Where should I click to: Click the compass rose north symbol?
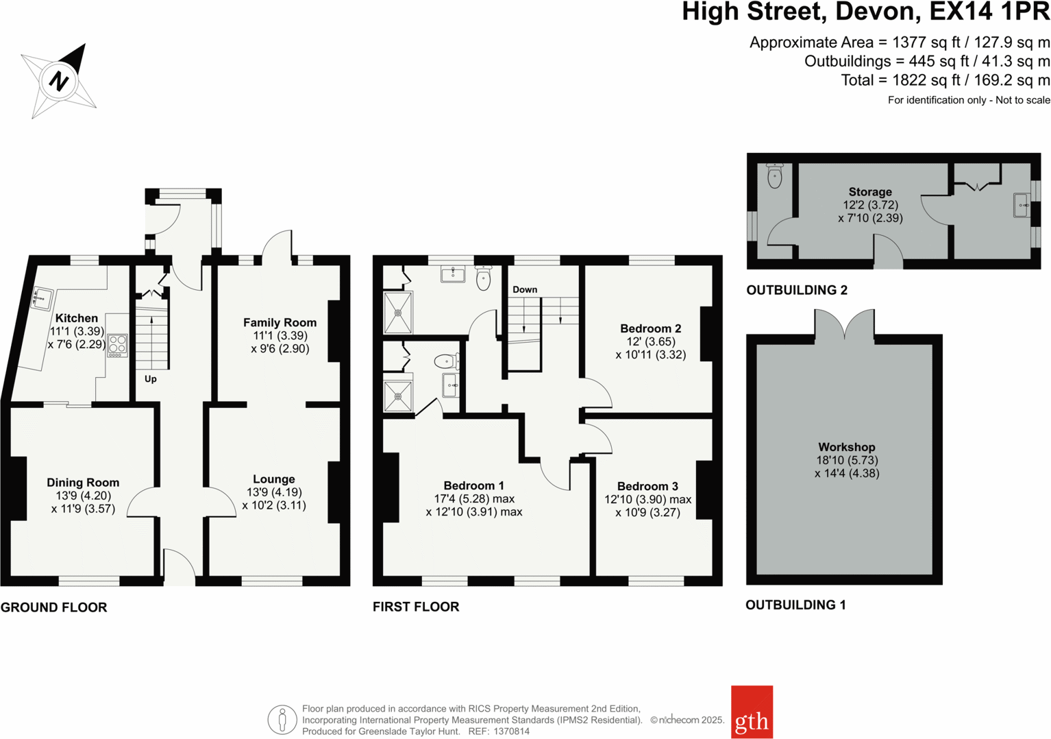tap(59, 81)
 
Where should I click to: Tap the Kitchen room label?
tap(76, 318)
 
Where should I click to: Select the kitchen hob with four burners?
tap(117, 345)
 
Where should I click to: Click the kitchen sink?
tap(42, 299)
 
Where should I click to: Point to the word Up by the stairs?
tap(151, 379)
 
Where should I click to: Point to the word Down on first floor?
tap(525, 289)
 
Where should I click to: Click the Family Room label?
tap(280, 322)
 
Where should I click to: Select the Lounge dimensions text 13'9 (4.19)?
tap(274, 492)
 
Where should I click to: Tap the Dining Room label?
tap(83, 483)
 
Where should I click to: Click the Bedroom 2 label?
tap(650, 328)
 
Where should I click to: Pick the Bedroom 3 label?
tap(647, 486)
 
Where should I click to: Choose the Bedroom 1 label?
tap(473, 486)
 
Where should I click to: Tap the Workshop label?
tap(846, 447)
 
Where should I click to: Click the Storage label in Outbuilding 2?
tap(870, 192)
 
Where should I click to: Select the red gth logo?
tap(752, 712)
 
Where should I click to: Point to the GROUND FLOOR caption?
tap(54, 607)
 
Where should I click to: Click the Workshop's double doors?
tap(845, 324)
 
